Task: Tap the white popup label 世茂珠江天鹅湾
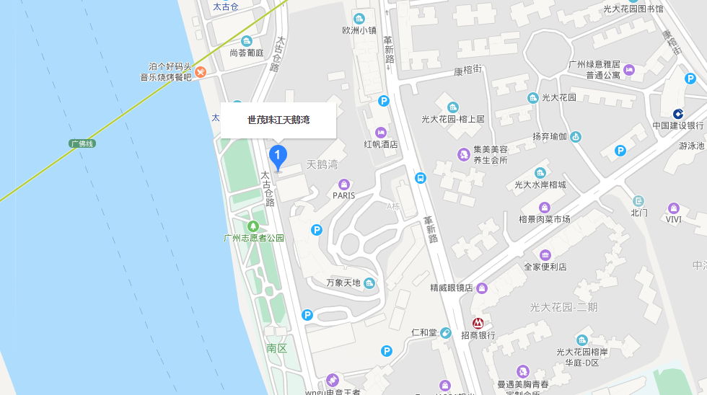click(278, 120)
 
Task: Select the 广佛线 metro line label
click(82, 143)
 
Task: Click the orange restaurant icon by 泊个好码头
click(201, 72)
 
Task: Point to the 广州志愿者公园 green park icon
click(253, 226)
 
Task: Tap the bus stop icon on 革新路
click(421, 177)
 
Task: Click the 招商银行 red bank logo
click(478, 323)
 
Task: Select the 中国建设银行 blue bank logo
click(678, 114)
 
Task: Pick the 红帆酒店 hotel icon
click(380, 132)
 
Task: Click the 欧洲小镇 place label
click(359, 30)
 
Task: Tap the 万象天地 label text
click(343, 283)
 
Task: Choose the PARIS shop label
click(344, 195)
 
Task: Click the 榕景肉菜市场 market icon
click(545, 207)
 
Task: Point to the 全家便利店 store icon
click(545, 254)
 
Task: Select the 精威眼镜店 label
click(451, 288)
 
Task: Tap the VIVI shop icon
click(674, 208)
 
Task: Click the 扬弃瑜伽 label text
click(550, 136)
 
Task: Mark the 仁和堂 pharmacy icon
click(446, 332)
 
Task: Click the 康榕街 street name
click(467, 70)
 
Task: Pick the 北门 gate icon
click(638, 200)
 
